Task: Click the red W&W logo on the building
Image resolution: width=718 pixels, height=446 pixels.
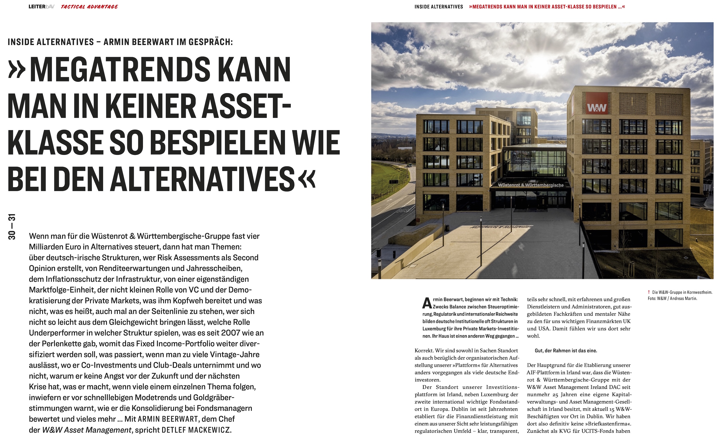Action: click(x=597, y=103)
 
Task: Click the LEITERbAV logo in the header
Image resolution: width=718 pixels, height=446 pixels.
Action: click(x=41, y=7)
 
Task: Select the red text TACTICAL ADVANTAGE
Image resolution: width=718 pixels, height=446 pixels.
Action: click(x=89, y=7)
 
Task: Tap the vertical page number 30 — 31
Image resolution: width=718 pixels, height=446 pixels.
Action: click(x=12, y=226)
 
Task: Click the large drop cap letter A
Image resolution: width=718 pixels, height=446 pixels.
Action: click(x=427, y=303)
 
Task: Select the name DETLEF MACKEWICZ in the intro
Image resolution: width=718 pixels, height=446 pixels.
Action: click(x=196, y=430)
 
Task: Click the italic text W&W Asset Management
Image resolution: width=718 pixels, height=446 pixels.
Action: click(x=86, y=430)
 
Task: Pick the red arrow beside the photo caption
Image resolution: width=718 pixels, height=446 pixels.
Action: click(x=649, y=292)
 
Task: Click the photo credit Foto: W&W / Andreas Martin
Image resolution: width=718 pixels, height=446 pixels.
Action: click(x=672, y=298)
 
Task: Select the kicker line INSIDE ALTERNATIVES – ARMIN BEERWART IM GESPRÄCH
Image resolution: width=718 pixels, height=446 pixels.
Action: click(x=120, y=42)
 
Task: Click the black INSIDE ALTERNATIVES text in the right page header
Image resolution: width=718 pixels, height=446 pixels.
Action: click(x=439, y=7)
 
